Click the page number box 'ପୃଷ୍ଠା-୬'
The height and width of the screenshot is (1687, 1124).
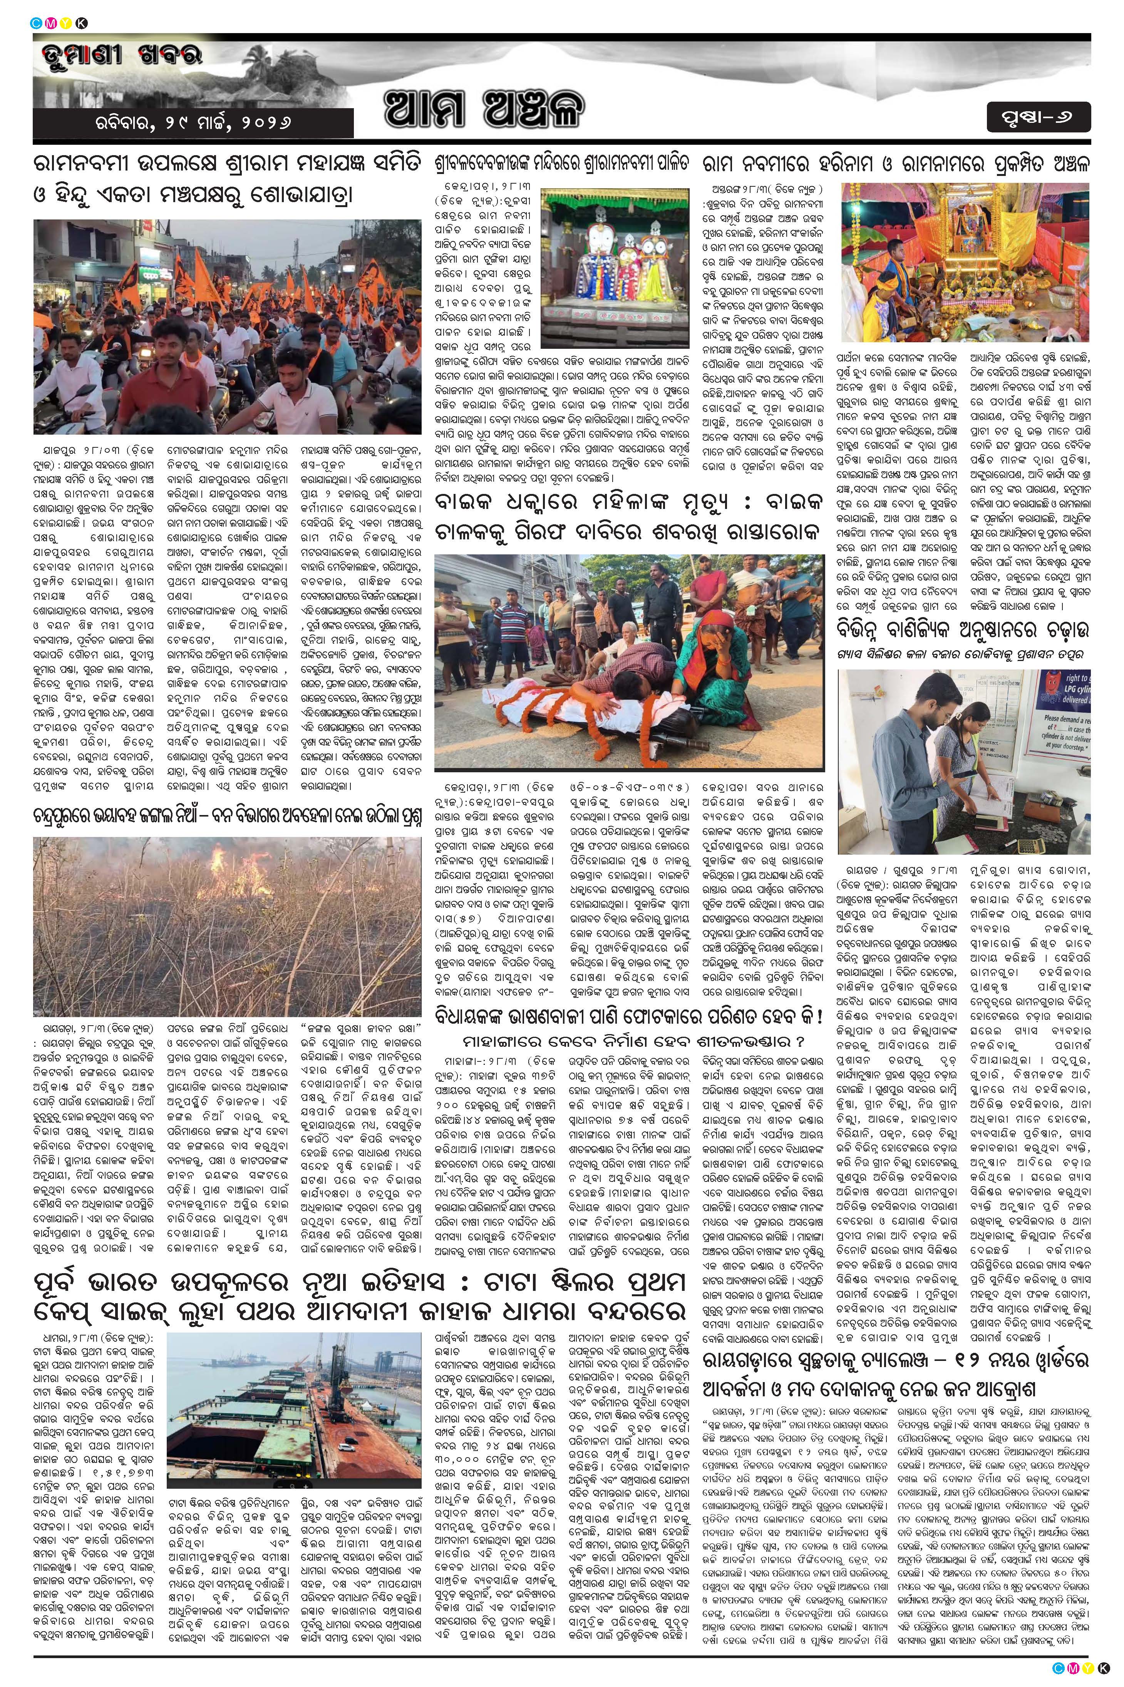tap(1038, 116)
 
